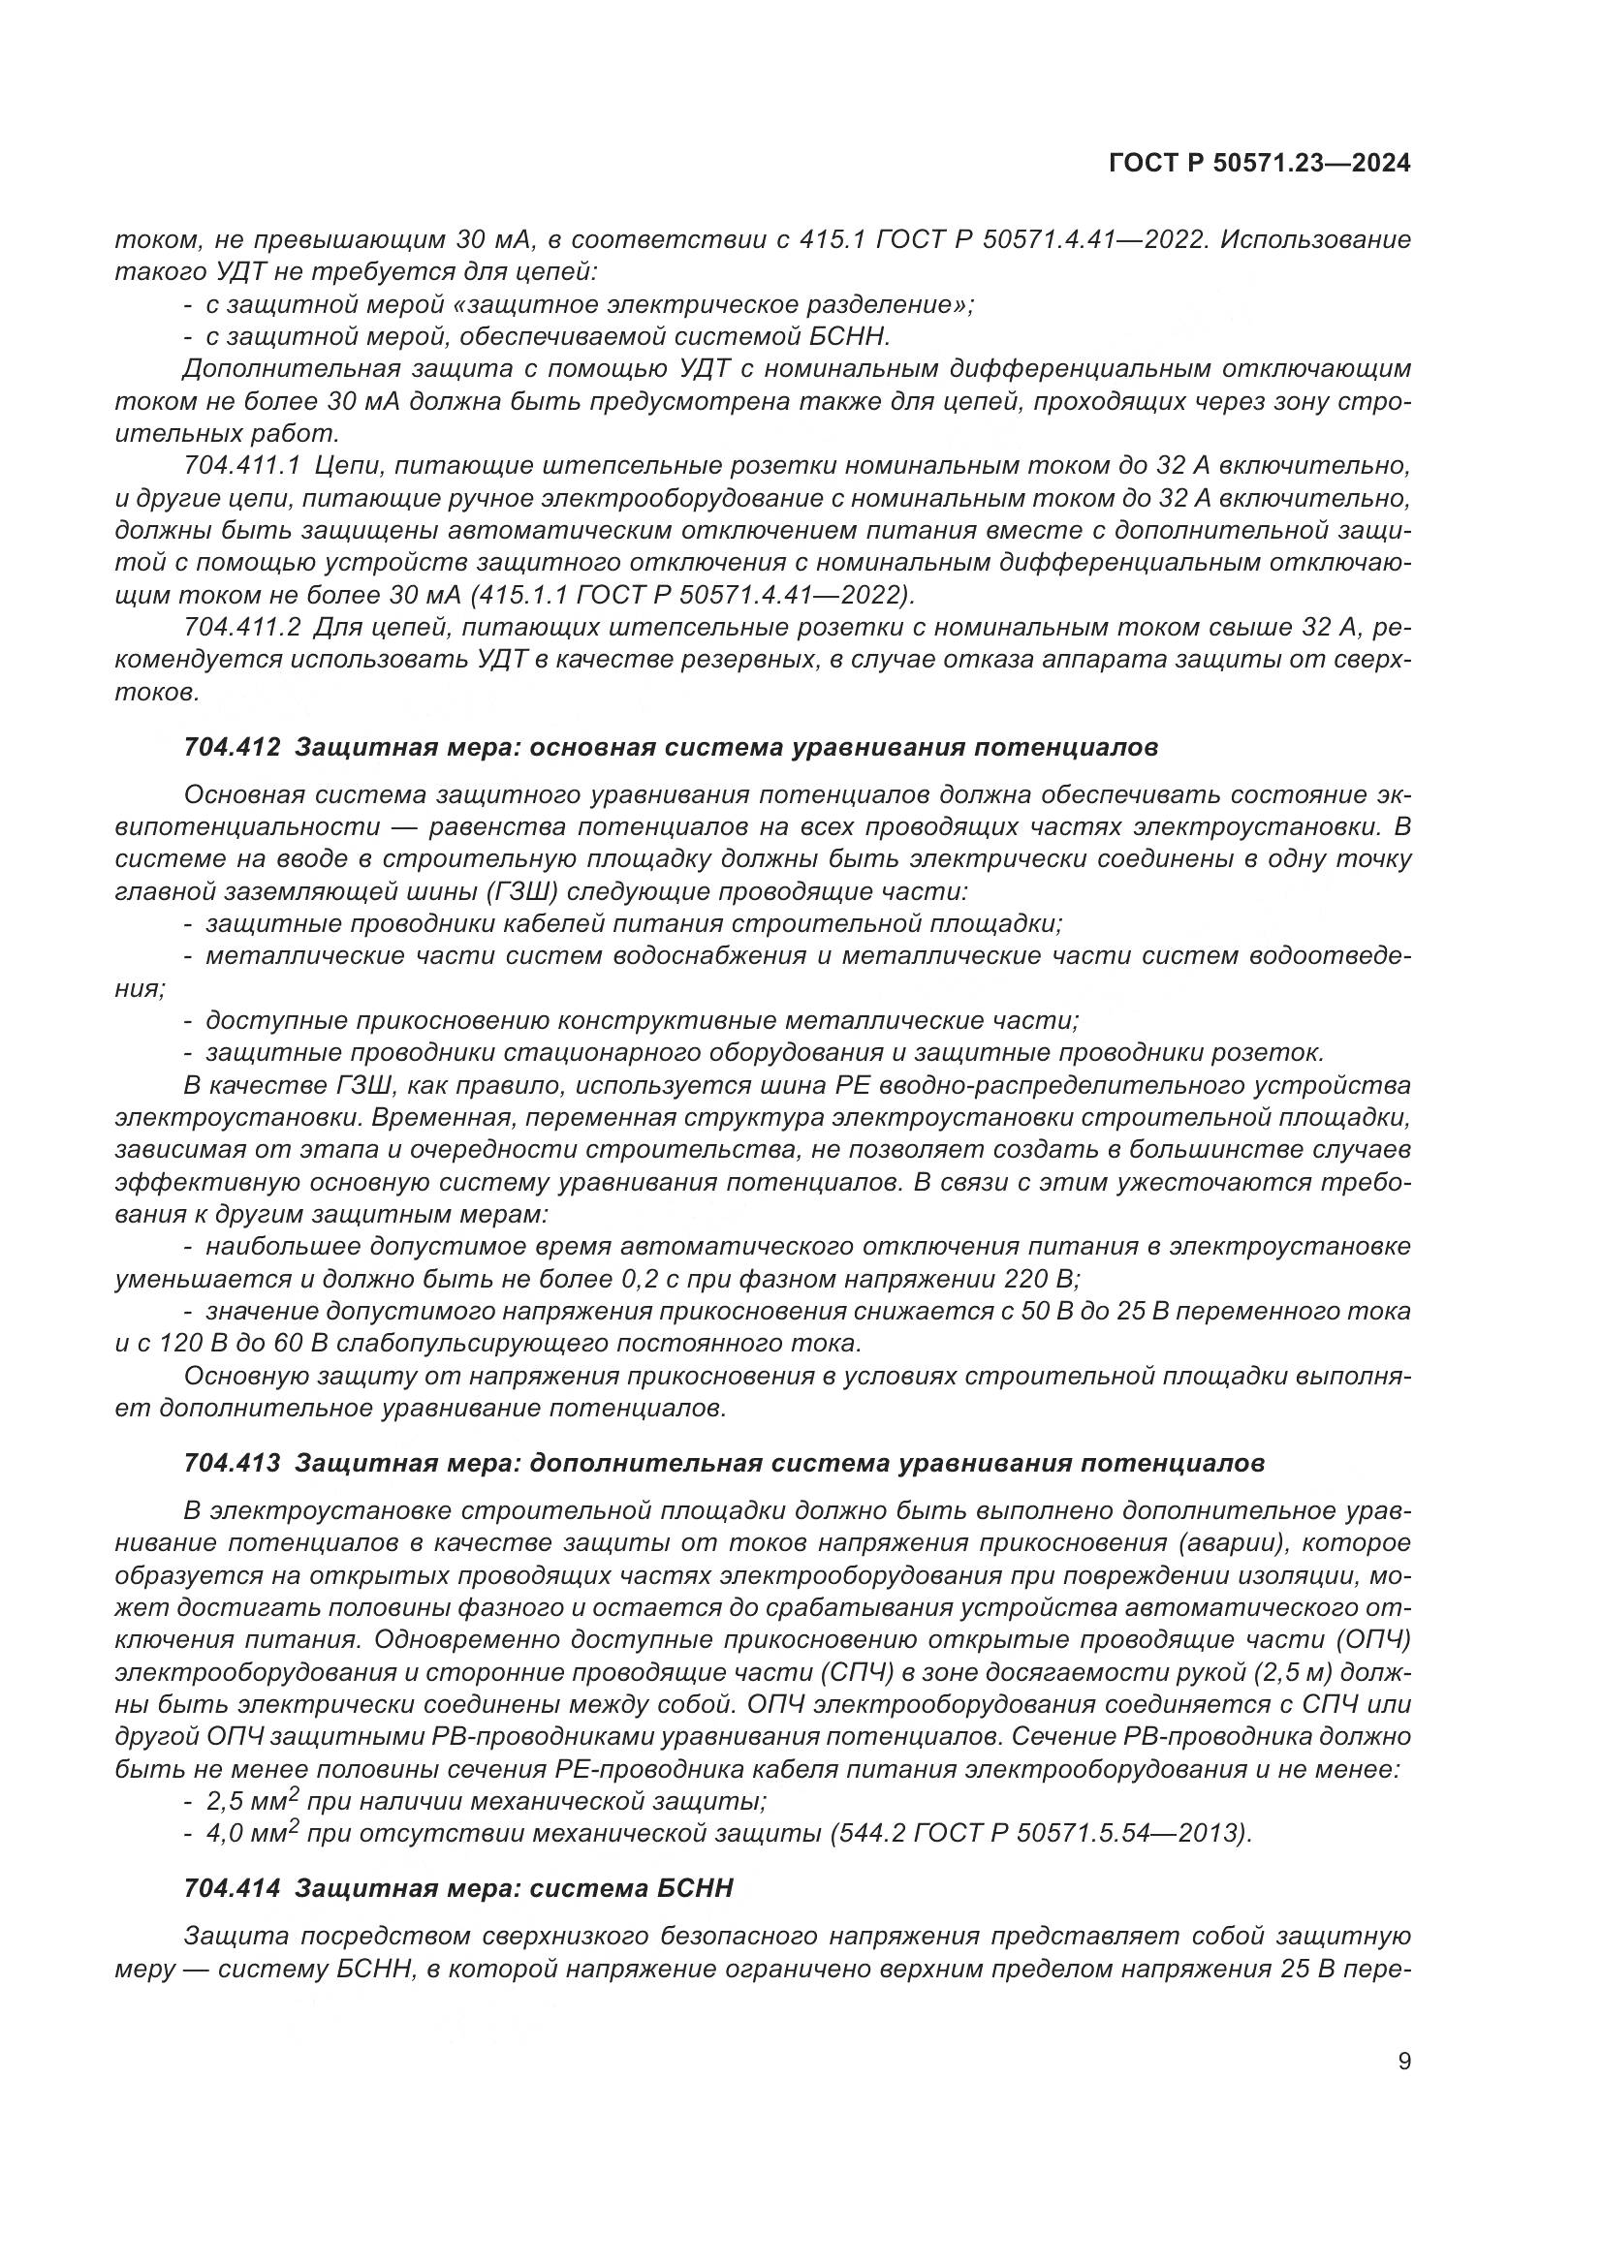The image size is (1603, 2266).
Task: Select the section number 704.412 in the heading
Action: [232, 747]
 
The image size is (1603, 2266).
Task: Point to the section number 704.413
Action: [232, 1463]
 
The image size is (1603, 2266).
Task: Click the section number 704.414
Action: [232, 1889]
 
